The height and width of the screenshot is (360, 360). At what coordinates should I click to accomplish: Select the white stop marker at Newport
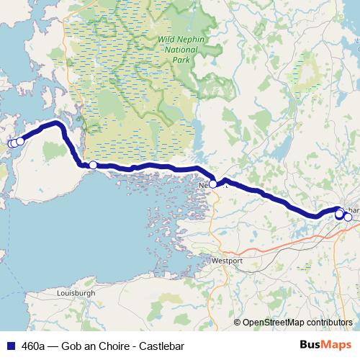pyautogui.click(x=213, y=184)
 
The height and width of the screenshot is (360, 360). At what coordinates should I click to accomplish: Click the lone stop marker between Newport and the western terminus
pyautogui.click(x=93, y=165)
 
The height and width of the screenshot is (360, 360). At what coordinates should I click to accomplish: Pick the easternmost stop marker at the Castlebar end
pyautogui.click(x=348, y=217)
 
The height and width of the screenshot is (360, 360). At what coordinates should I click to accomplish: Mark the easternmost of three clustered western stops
pyautogui.click(x=20, y=141)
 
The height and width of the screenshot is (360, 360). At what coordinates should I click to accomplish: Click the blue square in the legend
pyautogui.click(x=9, y=346)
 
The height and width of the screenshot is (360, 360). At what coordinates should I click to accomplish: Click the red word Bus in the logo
pyautogui.click(x=310, y=346)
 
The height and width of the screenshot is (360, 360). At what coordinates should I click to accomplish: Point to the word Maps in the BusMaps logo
pyautogui.click(x=337, y=346)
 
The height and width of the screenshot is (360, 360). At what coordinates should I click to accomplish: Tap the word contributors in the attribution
pyautogui.click(x=330, y=322)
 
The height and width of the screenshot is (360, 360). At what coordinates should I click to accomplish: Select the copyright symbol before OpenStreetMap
pyautogui.click(x=237, y=322)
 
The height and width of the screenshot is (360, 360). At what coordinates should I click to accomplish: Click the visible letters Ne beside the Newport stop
pyautogui.click(x=203, y=184)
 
